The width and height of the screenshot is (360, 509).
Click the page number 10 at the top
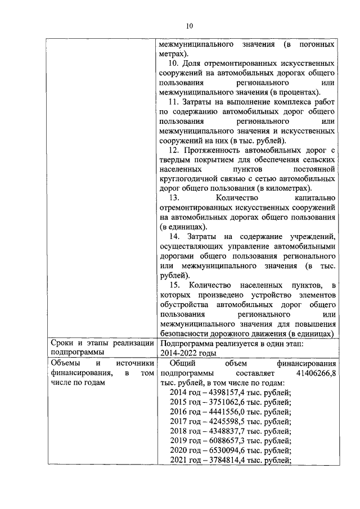pyautogui.click(x=189, y=25)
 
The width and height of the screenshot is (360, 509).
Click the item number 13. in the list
pyautogui.click(x=174, y=198)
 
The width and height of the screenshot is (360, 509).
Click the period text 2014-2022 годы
pyautogui.click(x=188, y=353)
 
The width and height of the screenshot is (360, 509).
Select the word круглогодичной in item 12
pyautogui.click(x=190, y=179)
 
